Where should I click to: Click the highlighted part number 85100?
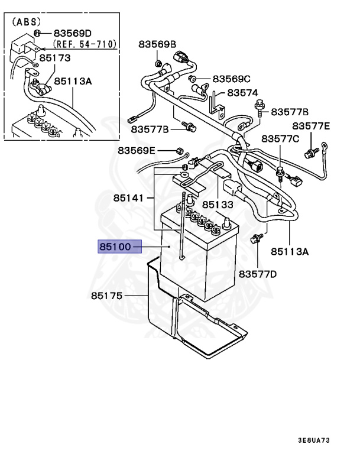pyautogui.click(x=116, y=246)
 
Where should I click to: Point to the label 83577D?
pyautogui.click(x=258, y=274)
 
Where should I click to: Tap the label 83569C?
pyautogui.click(x=232, y=79)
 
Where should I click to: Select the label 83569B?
pyautogui.click(x=158, y=44)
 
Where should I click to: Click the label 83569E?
pyautogui.click(x=137, y=151)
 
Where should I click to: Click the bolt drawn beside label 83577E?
pyautogui.click(x=308, y=154)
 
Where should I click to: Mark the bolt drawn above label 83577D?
pyautogui.click(x=257, y=239)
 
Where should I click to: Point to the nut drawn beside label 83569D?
pyautogui.click(x=37, y=33)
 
